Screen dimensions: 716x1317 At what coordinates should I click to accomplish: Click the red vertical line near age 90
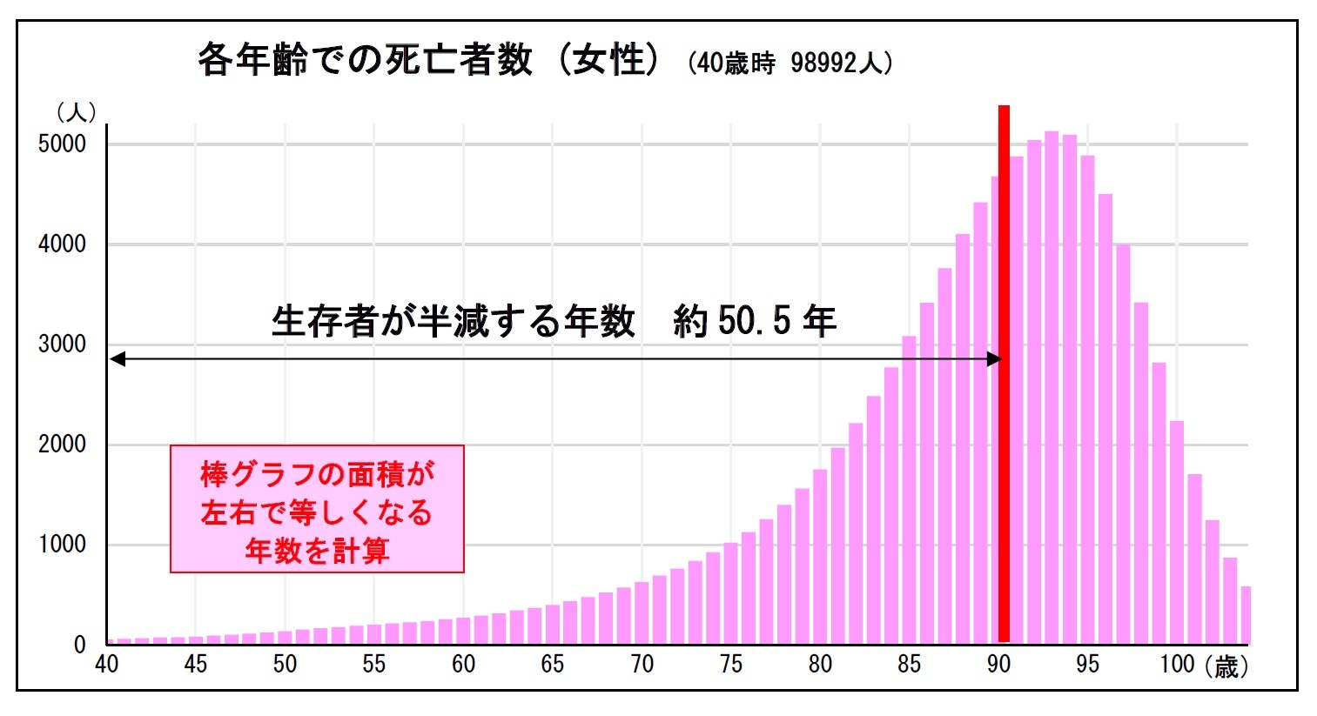click(x=1004, y=374)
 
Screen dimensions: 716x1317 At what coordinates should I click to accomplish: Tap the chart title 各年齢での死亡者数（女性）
click(x=427, y=61)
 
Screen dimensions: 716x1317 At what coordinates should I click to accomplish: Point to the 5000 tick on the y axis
click(x=62, y=144)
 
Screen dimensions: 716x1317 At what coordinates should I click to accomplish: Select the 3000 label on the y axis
click(x=62, y=345)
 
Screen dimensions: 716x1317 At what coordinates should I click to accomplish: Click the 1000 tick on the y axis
click(x=62, y=545)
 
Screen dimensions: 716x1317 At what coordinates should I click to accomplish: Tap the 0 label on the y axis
click(x=80, y=645)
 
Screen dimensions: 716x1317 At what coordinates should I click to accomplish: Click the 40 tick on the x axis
click(x=106, y=665)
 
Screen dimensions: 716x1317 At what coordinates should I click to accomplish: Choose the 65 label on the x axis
click(x=553, y=665)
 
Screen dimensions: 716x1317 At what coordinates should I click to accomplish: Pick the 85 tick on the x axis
click(x=909, y=665)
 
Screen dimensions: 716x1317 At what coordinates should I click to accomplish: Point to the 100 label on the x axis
click(x=1177, y=665)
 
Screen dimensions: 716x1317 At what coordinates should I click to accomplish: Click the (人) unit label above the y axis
click(x=76, y=112)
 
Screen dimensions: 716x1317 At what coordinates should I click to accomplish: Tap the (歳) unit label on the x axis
click(x=1226, y=666)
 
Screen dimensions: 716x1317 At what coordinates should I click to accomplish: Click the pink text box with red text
click(x=317, y=510)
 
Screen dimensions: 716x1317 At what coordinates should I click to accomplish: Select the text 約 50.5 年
click(x=754, y=322)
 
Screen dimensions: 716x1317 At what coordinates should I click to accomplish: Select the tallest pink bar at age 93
click(x=1052, y=387)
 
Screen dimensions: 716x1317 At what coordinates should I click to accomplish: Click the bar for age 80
click(x=820, y=557)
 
